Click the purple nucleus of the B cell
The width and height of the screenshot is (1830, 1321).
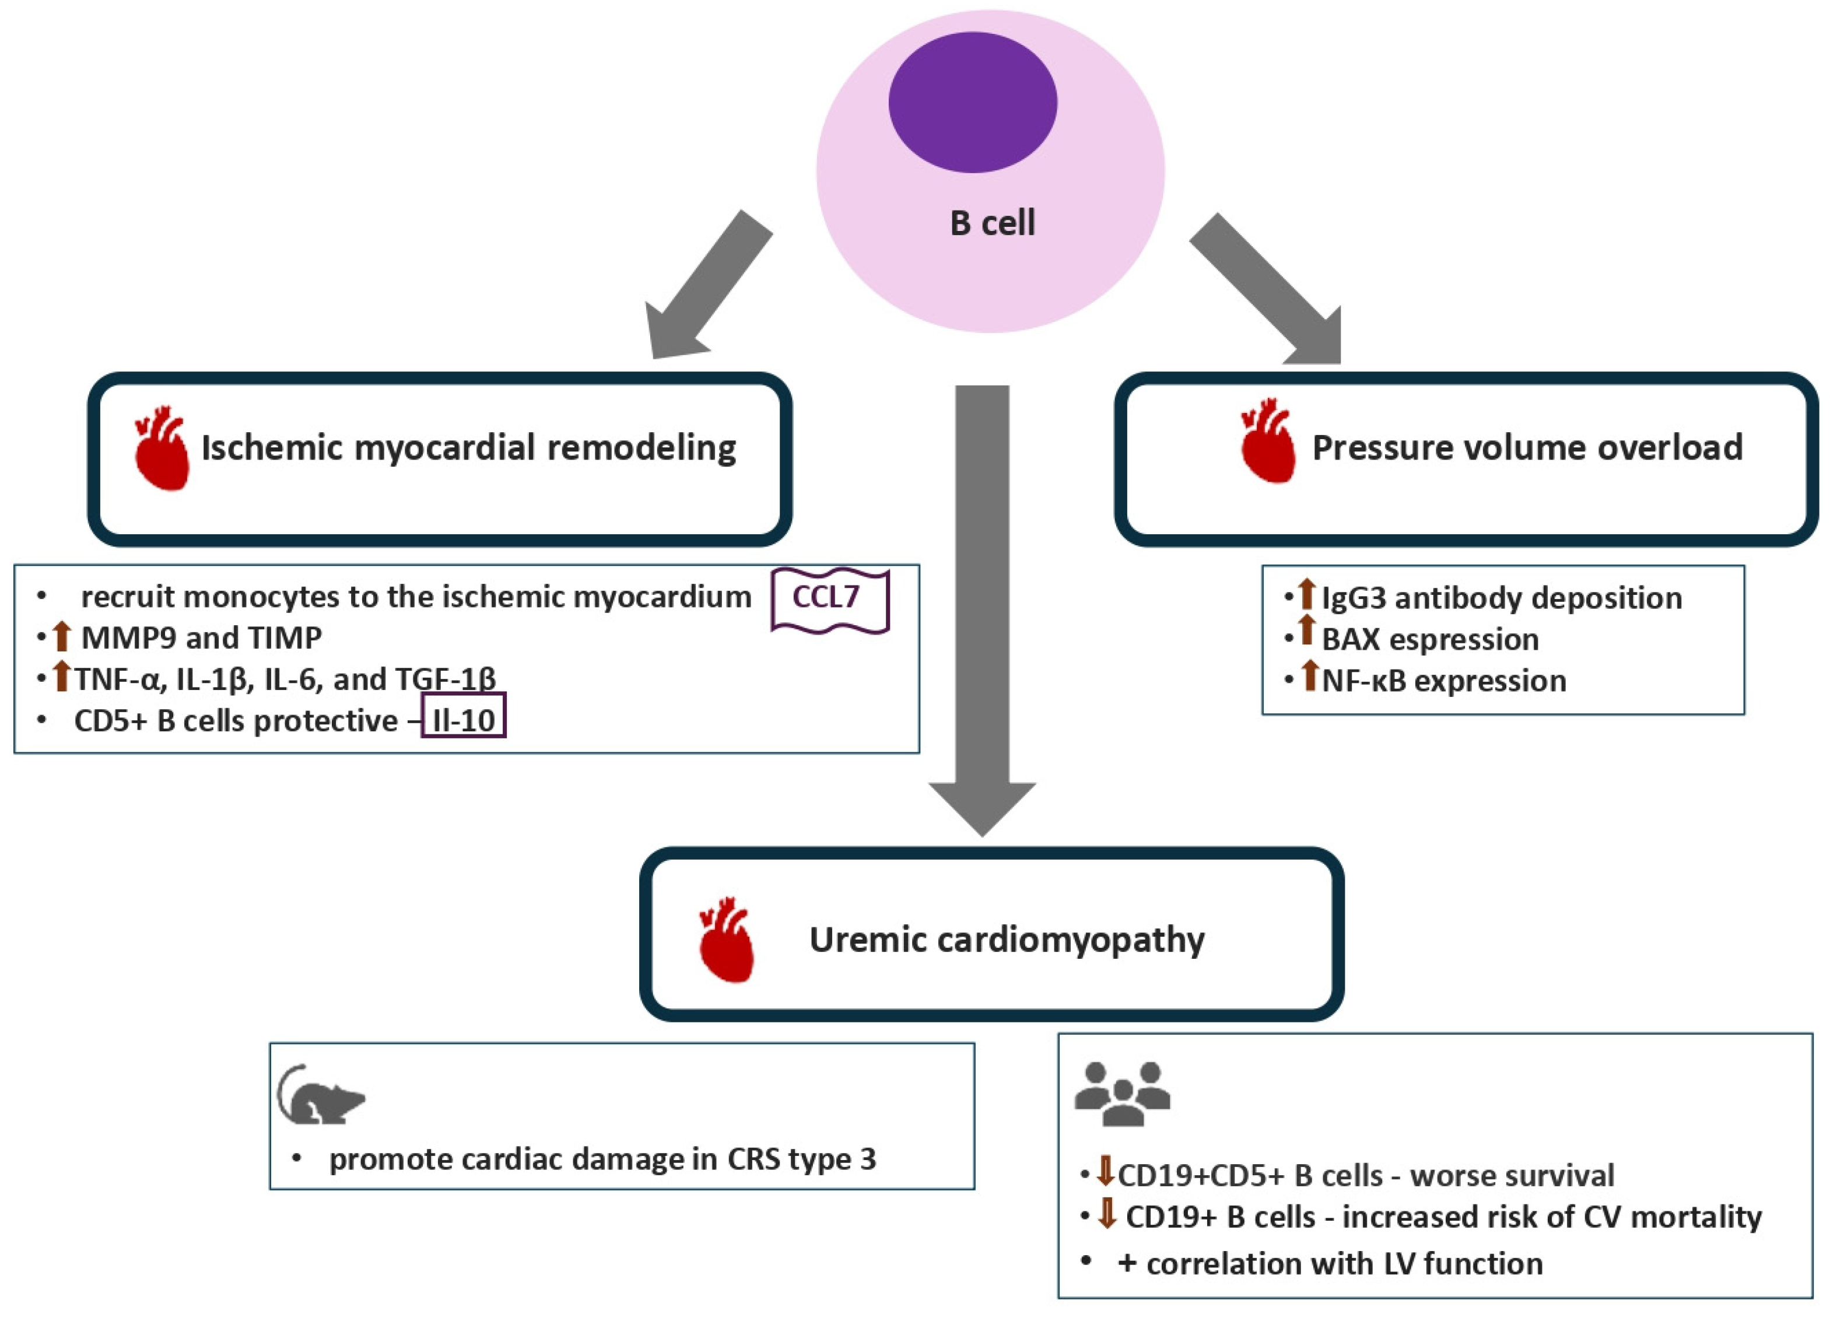[x=972, y=103]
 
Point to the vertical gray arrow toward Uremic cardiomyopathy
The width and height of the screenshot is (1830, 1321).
[x=982, y=597]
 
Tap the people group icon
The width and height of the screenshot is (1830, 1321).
[x=1121, y=1094]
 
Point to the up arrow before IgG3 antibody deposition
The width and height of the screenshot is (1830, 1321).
[x=1307, y=595]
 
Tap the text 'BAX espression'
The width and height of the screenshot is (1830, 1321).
[x=1430, y=639]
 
